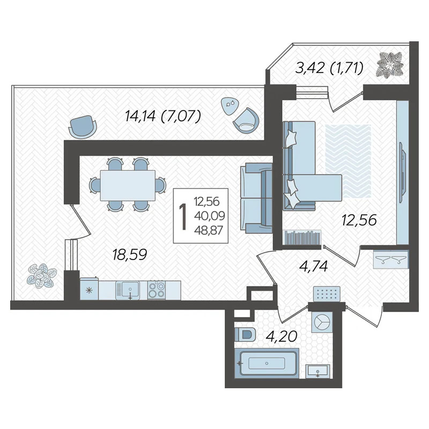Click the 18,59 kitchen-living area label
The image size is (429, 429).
[x=130, y=254]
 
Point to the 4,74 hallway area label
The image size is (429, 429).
[x=314, y=266]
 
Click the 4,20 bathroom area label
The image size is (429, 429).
[x=283, y=336]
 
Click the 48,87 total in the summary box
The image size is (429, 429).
[x=209, y=231]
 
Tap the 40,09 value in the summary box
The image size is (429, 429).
[x=209, y=216]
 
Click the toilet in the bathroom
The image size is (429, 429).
[x=245, y=334]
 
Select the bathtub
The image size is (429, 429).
[x=267, y=364]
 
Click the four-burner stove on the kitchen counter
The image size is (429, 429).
[x=157, y=290]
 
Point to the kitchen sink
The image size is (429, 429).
[x=128, y=291]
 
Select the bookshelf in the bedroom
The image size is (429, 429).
[x=302, y=236]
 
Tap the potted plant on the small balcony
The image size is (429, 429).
[x=390, y=65]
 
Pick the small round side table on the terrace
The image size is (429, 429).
[x=230, y=105]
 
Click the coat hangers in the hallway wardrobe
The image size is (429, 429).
[x=391, y=259]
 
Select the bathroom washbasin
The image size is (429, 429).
[x=317, y=371]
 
